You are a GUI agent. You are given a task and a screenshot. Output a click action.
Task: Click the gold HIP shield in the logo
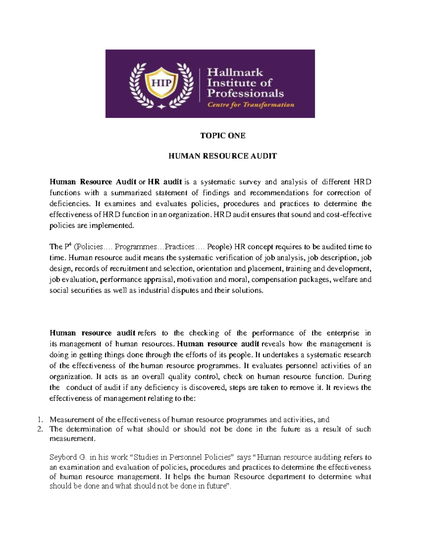[161, 83]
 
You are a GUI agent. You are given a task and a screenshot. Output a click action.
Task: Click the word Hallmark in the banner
[235, 72]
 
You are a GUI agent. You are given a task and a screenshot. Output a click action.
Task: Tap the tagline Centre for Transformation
[251, 105]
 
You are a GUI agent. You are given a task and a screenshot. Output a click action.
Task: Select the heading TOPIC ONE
[223, 136]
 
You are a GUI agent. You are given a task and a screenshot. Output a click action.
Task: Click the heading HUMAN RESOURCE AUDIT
[223, 156]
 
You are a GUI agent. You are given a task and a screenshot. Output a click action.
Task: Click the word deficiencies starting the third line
[67, 204]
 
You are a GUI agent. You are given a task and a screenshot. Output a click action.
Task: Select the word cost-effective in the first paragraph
[351, 214]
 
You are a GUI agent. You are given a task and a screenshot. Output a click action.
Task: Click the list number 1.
[40, 420]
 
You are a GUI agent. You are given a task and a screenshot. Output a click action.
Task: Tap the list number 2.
[40, 429]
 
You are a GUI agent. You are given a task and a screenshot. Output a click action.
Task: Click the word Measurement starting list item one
[72, 420]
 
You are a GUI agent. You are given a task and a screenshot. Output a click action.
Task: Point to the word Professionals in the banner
[245, 93]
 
